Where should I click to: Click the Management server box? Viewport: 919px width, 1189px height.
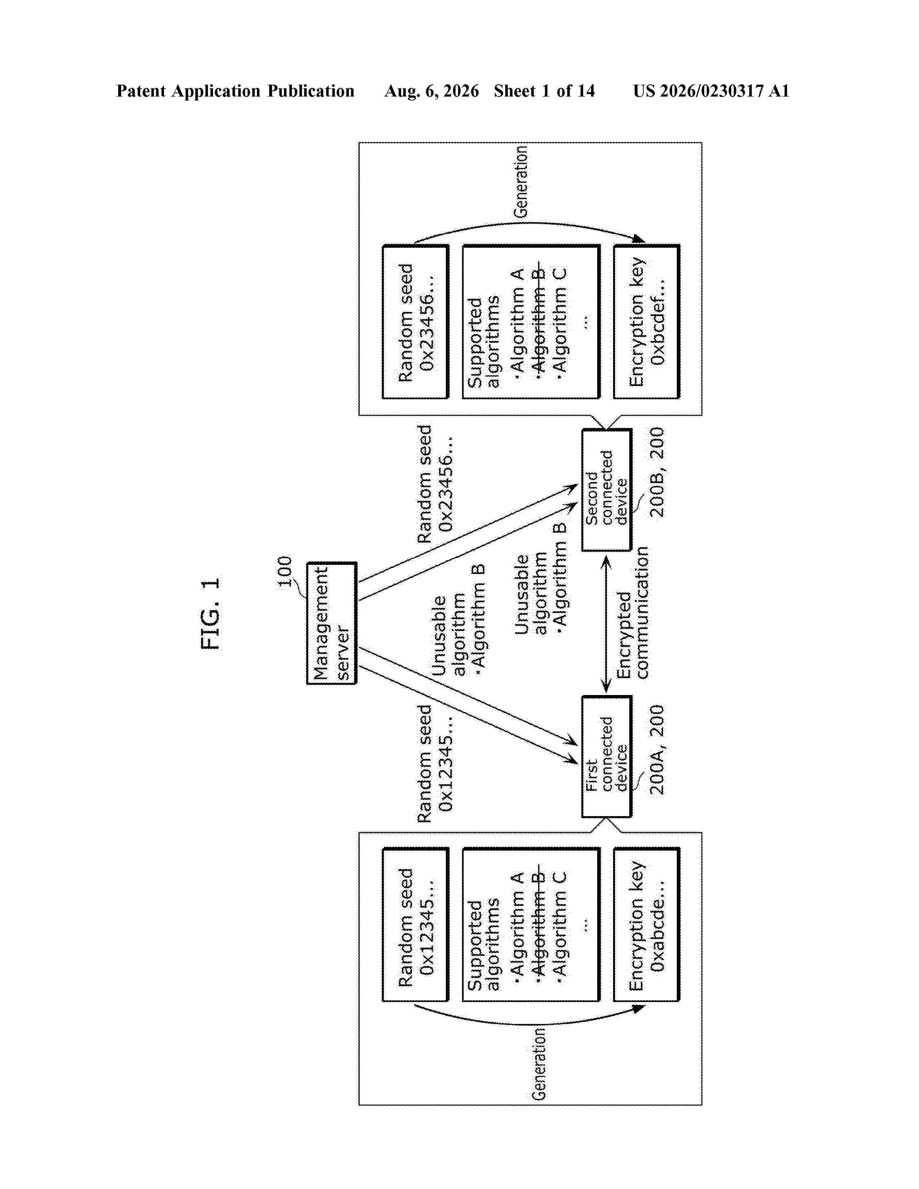click(332, 623)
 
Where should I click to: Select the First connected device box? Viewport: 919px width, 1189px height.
click(607, 756)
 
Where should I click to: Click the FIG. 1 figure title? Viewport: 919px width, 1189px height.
click(210, 614)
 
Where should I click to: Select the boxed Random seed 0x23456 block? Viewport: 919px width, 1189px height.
click(416, 322)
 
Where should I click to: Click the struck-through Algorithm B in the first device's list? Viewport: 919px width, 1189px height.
click(538, 922)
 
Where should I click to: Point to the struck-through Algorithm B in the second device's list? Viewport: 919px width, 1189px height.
click(538, 320)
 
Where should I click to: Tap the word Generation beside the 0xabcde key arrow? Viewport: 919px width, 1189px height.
click(538, 1064)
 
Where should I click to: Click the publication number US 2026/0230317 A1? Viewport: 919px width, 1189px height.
click(711, 91)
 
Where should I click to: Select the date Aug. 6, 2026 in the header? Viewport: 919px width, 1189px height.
click(432, 91)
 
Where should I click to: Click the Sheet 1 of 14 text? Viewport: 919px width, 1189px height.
click(545, 91)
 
